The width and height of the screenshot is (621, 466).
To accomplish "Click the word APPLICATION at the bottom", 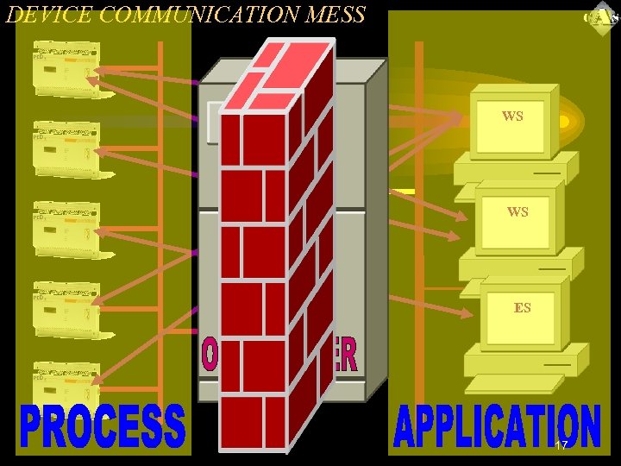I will point(497,426).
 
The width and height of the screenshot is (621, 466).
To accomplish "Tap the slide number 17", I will point(561,446).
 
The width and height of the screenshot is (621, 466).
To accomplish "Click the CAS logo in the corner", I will point(600,18).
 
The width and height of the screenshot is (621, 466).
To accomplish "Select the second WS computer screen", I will point(517,215).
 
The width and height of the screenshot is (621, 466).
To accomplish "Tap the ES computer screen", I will point(521,310).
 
